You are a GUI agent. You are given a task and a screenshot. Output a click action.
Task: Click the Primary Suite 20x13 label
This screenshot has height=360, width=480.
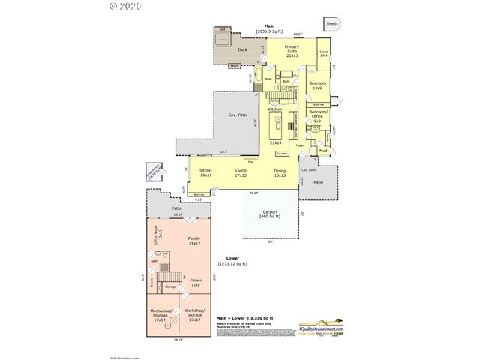[292, 51]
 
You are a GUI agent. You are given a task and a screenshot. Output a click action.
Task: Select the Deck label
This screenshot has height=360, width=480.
[242, 50]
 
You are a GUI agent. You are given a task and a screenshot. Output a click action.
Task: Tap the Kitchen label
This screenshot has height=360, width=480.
[275, 109]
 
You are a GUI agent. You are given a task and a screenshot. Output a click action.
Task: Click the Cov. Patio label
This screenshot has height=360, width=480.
[237, 115]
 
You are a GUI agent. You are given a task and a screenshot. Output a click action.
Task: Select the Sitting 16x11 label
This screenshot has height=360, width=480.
[205, 172]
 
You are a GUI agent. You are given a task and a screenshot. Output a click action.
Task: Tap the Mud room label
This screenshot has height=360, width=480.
[323, 151]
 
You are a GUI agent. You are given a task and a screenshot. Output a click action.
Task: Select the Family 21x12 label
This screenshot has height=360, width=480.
[194, 241]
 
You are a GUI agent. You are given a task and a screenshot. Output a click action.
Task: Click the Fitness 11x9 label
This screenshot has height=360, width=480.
[195, 282]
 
